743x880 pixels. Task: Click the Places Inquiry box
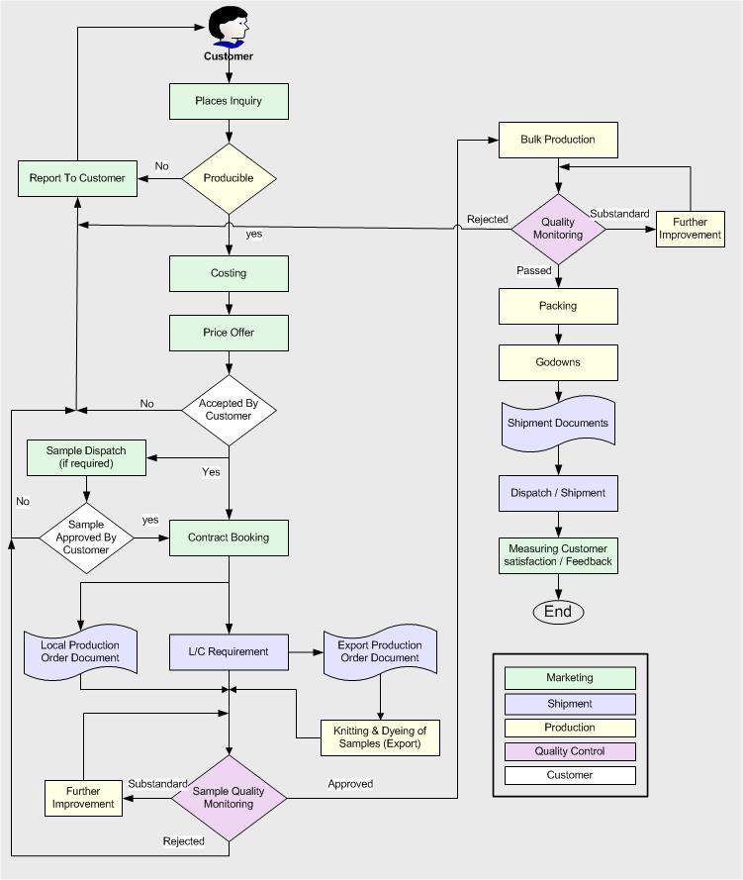pyautogui.click(x=229, y=101)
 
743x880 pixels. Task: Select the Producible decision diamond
pyautogui.click(x=229, y=178)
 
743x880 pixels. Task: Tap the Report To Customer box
pyautogui.click(x=77, y=178)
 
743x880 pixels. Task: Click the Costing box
pyautogui.click(x=229, y=273)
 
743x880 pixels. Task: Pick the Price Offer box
pyautogui.click(x=229, y=333)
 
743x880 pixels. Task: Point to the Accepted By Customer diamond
pyautogui.click(x=229, y=409)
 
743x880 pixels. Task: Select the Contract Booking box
pyautogui.click(x=229, y=538)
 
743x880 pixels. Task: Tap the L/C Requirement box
pyautogui.click(x=229, y=651)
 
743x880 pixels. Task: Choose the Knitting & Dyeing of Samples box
pyautogui.click(x=380, y=737)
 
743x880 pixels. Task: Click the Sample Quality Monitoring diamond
pyautogui.click(x=229, y=797)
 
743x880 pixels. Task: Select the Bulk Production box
pyautogui.click(x=558, y=140)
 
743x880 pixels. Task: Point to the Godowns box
pyautogui.click(x=558, y=362)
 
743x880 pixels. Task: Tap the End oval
pyautogui.click(x=558, y=612)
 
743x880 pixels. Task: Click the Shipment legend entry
pyautogui.click(x=570, y=704)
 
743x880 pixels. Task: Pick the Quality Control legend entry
pyautogui.click(x=570, y=751)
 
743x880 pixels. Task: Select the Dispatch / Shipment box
pyautogui.click(x=558, y=492)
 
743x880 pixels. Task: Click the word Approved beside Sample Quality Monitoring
pyautogui.click(x=350, y=784)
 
